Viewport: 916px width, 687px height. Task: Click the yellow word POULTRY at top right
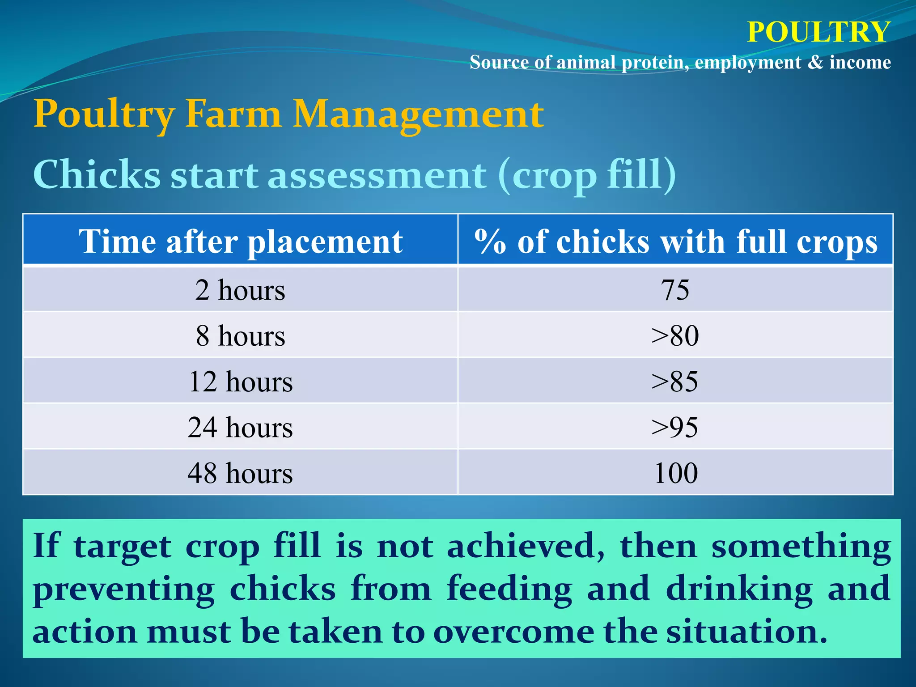(818, 32)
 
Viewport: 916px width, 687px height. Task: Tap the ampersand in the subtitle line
(815, 62)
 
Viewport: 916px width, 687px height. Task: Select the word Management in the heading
(418, 114)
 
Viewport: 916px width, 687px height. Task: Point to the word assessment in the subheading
(377, 175)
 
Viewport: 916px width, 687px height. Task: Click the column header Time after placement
(241, 242)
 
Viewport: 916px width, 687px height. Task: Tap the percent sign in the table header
(489, 242)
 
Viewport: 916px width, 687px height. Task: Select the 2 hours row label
(240, 290)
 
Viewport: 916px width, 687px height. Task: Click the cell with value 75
(675, 290)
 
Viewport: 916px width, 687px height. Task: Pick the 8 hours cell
(240, 335)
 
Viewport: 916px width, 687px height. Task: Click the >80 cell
(675, 335)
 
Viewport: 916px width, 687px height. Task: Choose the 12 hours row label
(240, 382)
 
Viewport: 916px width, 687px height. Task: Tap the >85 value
(675, 382)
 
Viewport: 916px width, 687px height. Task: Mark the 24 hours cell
(240, 427)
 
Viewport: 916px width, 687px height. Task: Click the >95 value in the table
(675, 427)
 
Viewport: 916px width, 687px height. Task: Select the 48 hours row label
(240, 473)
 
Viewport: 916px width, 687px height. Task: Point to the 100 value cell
(675, 473)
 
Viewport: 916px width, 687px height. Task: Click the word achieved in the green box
(526, 546)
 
